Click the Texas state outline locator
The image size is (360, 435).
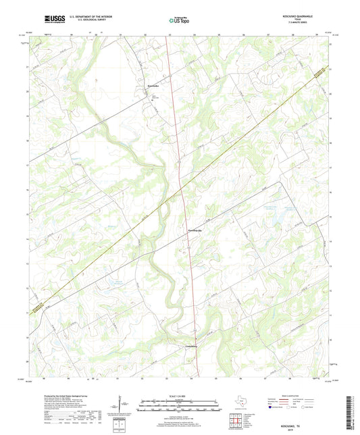[239, 403]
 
